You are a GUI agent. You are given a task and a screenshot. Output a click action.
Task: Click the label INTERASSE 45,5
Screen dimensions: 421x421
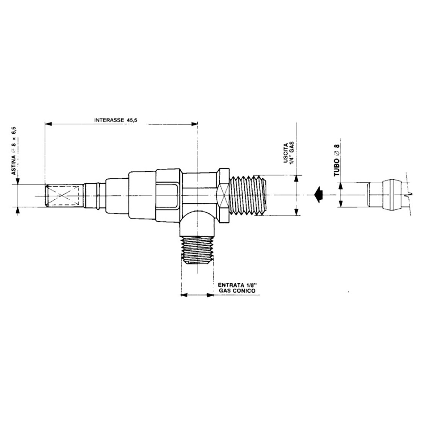point(116,120)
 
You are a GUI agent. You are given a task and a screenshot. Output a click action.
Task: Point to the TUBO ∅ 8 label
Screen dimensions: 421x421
point(337,160)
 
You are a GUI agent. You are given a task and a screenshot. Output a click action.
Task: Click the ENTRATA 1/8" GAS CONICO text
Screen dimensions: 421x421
point(237,288)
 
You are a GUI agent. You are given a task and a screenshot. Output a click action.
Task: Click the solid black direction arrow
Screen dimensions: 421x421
point(318,195)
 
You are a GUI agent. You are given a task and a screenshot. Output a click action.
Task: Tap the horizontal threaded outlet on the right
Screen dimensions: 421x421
point(248,195)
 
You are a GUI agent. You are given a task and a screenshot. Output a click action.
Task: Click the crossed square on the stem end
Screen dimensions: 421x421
point(62,196)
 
